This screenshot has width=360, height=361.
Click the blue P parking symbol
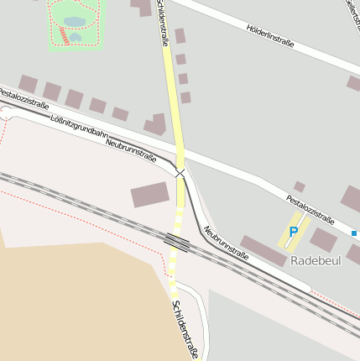[x=294, y=232]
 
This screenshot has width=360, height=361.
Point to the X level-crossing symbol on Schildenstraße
[x=180, y=172]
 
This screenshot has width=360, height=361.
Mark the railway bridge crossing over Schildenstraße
[x=177, y=243]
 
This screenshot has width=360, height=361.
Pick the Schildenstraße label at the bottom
[x=185, y=329]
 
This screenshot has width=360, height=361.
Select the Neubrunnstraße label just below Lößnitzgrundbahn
[x=131, y=149]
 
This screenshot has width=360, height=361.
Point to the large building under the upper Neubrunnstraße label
[x=150, y=195]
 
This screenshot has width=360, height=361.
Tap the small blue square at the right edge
[x=355, y=233]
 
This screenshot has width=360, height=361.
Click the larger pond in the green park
[x=74, y=21]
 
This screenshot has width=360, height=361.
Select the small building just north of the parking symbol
[x=300, y=186]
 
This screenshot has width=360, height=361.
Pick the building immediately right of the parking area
[x=323, y=241]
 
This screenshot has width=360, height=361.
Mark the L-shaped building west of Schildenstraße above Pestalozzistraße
[x=156, y=125]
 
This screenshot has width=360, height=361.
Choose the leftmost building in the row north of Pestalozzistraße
[x=29, y=84]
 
